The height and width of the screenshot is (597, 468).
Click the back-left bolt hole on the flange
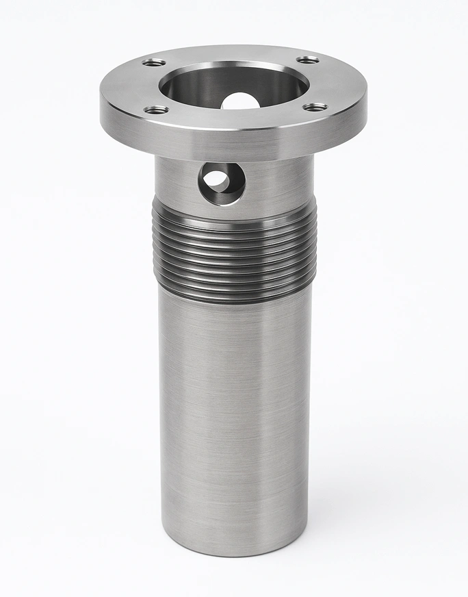(155, 62)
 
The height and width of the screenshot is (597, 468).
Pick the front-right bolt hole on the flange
(315, 107)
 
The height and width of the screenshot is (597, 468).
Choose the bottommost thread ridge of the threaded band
(233, 291)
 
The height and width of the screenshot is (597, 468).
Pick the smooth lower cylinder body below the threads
(233, 411)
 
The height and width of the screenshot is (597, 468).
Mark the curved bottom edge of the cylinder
(233, 552)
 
